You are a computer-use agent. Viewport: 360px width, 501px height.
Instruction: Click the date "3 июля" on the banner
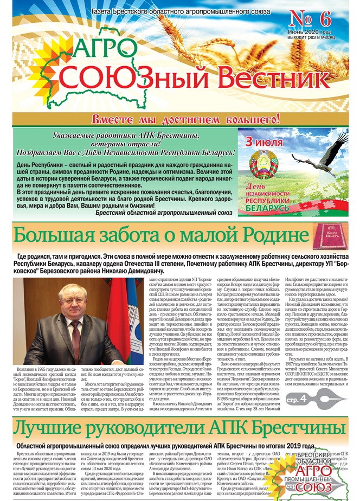click(x=264, y=143)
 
